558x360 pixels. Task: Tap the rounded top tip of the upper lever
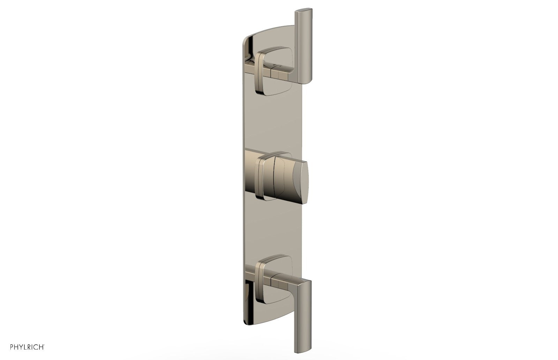click(303, 10)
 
